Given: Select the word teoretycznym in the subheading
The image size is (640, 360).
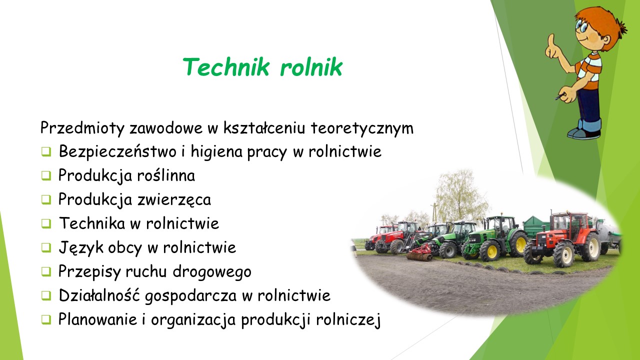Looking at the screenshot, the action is coord(362,128).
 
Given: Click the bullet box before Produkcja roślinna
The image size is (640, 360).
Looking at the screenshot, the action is coord(45,175).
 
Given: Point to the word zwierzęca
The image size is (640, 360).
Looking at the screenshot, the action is coord(174,199).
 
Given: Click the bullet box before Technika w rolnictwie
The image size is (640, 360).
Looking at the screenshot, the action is coord(45,223).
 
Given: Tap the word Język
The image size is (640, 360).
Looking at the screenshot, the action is coord(80,247).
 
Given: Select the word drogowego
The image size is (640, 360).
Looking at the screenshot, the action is coord(212,271).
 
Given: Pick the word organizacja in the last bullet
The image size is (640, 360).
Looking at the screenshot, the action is coord(193,319).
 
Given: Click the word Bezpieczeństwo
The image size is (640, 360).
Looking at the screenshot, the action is coord(117,151).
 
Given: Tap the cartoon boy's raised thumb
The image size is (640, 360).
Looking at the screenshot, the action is coord(550,40).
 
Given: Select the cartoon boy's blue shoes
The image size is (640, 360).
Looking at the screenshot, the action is coord(584,133).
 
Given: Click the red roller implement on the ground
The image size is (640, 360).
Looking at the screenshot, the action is coord(419,253).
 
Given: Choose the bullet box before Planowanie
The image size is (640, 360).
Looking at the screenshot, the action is coord(45,319).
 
